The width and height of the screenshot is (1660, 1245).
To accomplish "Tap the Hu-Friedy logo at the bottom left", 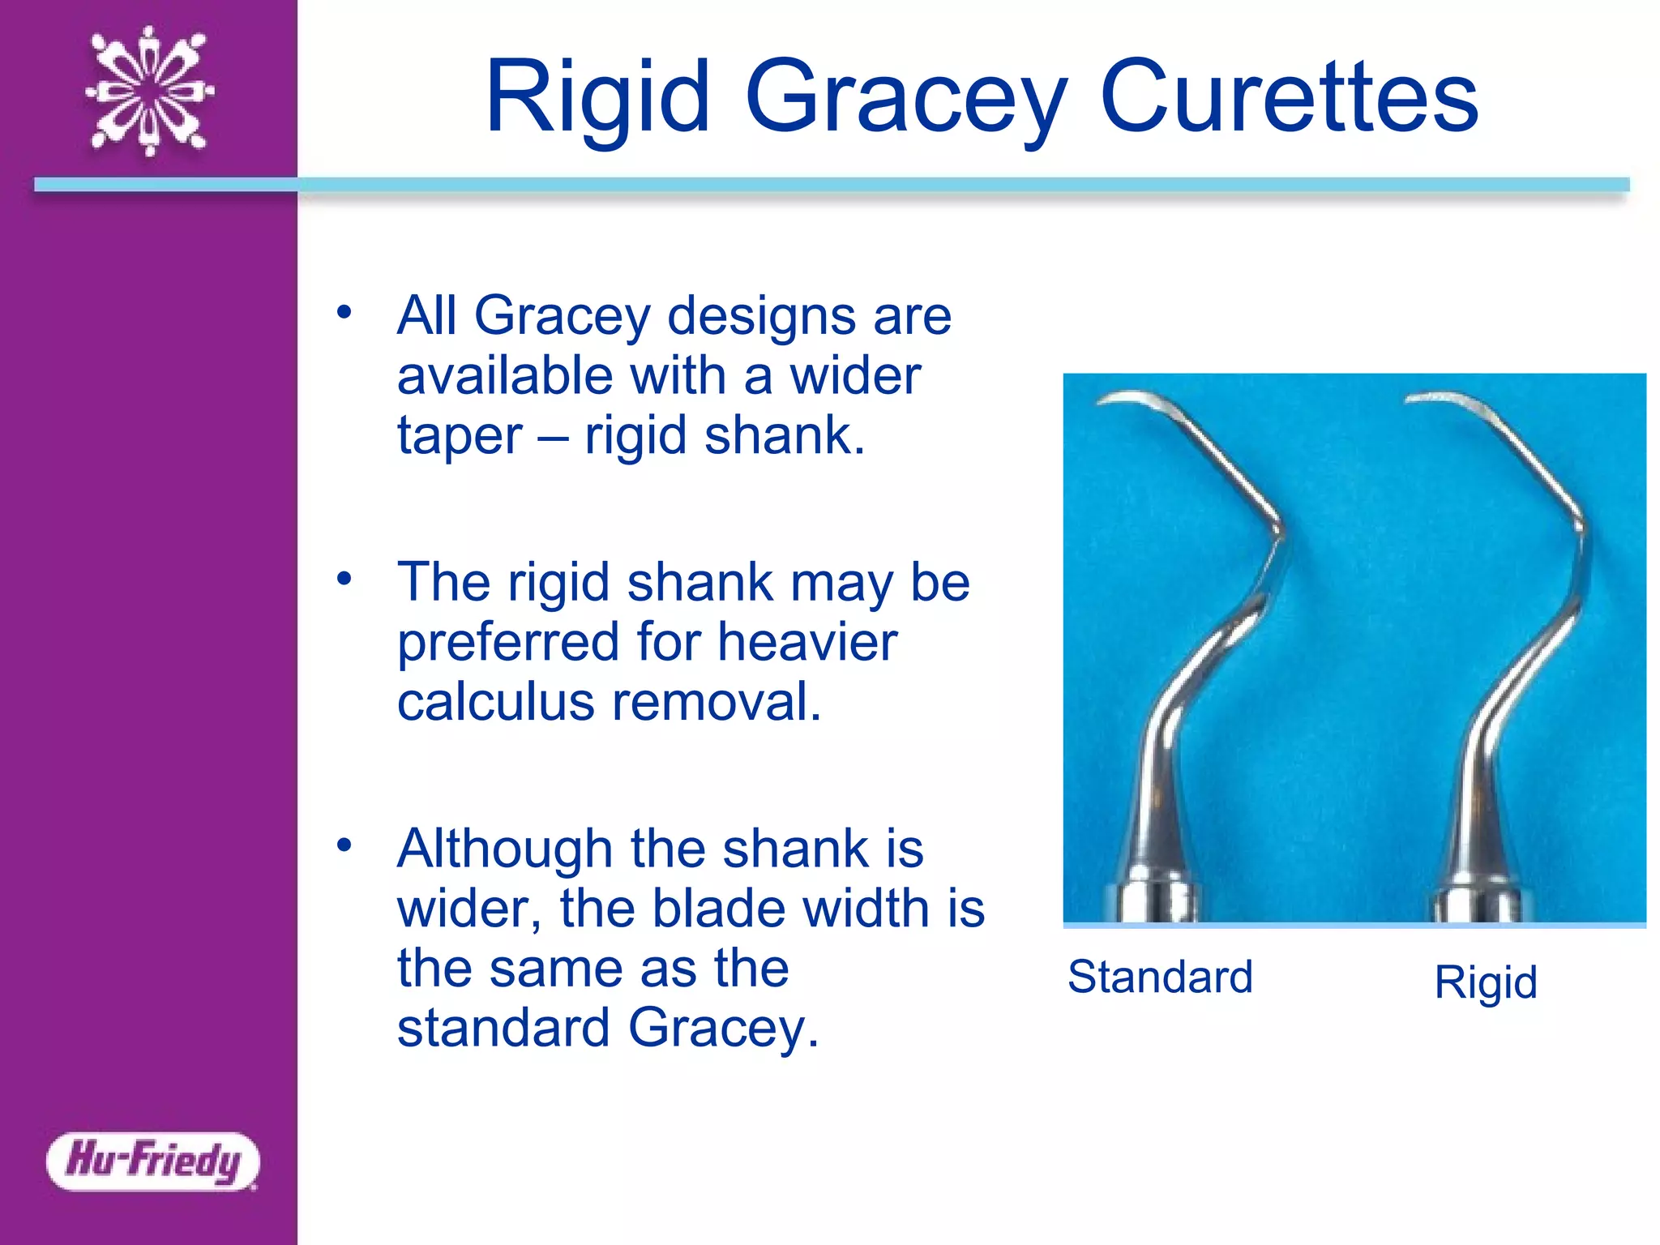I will pyautogui.click(x=153, y=1161).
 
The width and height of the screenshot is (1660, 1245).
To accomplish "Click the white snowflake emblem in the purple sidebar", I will pyautogui.click(x=149, y=92).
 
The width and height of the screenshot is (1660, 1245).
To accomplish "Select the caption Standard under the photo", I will pyautogui.click(x=1160, y=976).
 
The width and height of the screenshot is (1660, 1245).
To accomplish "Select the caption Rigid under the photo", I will pyautogui.click(x=1485, y=982).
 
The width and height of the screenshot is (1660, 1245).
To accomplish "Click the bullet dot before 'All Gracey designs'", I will pyautogui.click(x=344, y=312).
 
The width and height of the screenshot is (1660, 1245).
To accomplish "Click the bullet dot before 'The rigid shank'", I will pyautogui.click(x=344, y=579).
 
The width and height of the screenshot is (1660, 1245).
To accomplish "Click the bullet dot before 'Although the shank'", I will pyautogui.click(x=344, y=845).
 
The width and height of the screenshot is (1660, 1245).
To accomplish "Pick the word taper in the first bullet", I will pyautogui.click(x=459, y=437).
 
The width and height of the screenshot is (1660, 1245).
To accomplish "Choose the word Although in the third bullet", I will pyautogui.click(x=503, y=849).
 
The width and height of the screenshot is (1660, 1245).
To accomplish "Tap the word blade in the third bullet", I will pyautogui.click(x=718, y=909).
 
